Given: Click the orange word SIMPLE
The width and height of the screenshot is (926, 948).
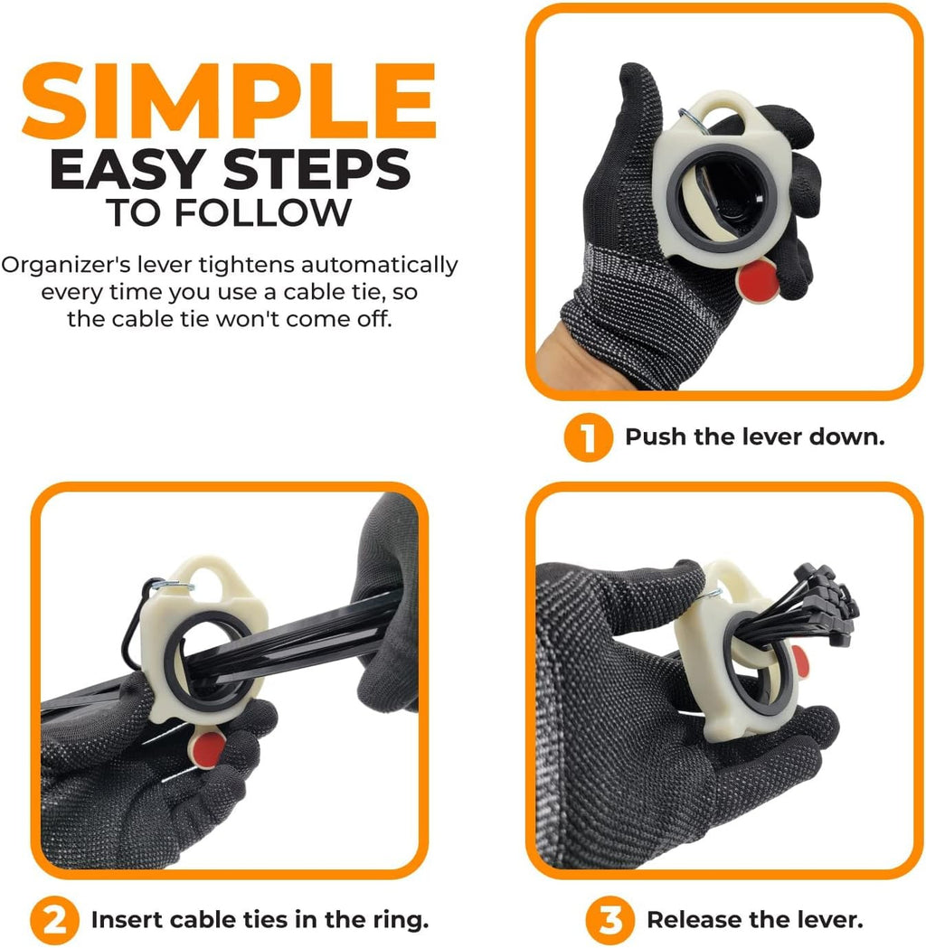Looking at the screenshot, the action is click(x=229, y=100).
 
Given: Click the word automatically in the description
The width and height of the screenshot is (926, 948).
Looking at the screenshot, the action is click(x=380, y=266).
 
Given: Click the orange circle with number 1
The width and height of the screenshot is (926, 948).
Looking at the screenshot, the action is click(x=588, y=437).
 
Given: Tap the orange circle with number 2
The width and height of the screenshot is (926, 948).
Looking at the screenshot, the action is click(x=54, y=920).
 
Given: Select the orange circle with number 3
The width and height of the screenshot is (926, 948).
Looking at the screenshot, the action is click(x=609, y=920).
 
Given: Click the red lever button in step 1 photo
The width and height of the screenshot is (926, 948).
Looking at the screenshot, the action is click(x=759, y=280).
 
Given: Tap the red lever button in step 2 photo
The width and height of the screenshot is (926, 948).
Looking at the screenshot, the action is click(x=209, y=749).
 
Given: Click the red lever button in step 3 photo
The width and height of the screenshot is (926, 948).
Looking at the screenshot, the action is click(x=799, y=660).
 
